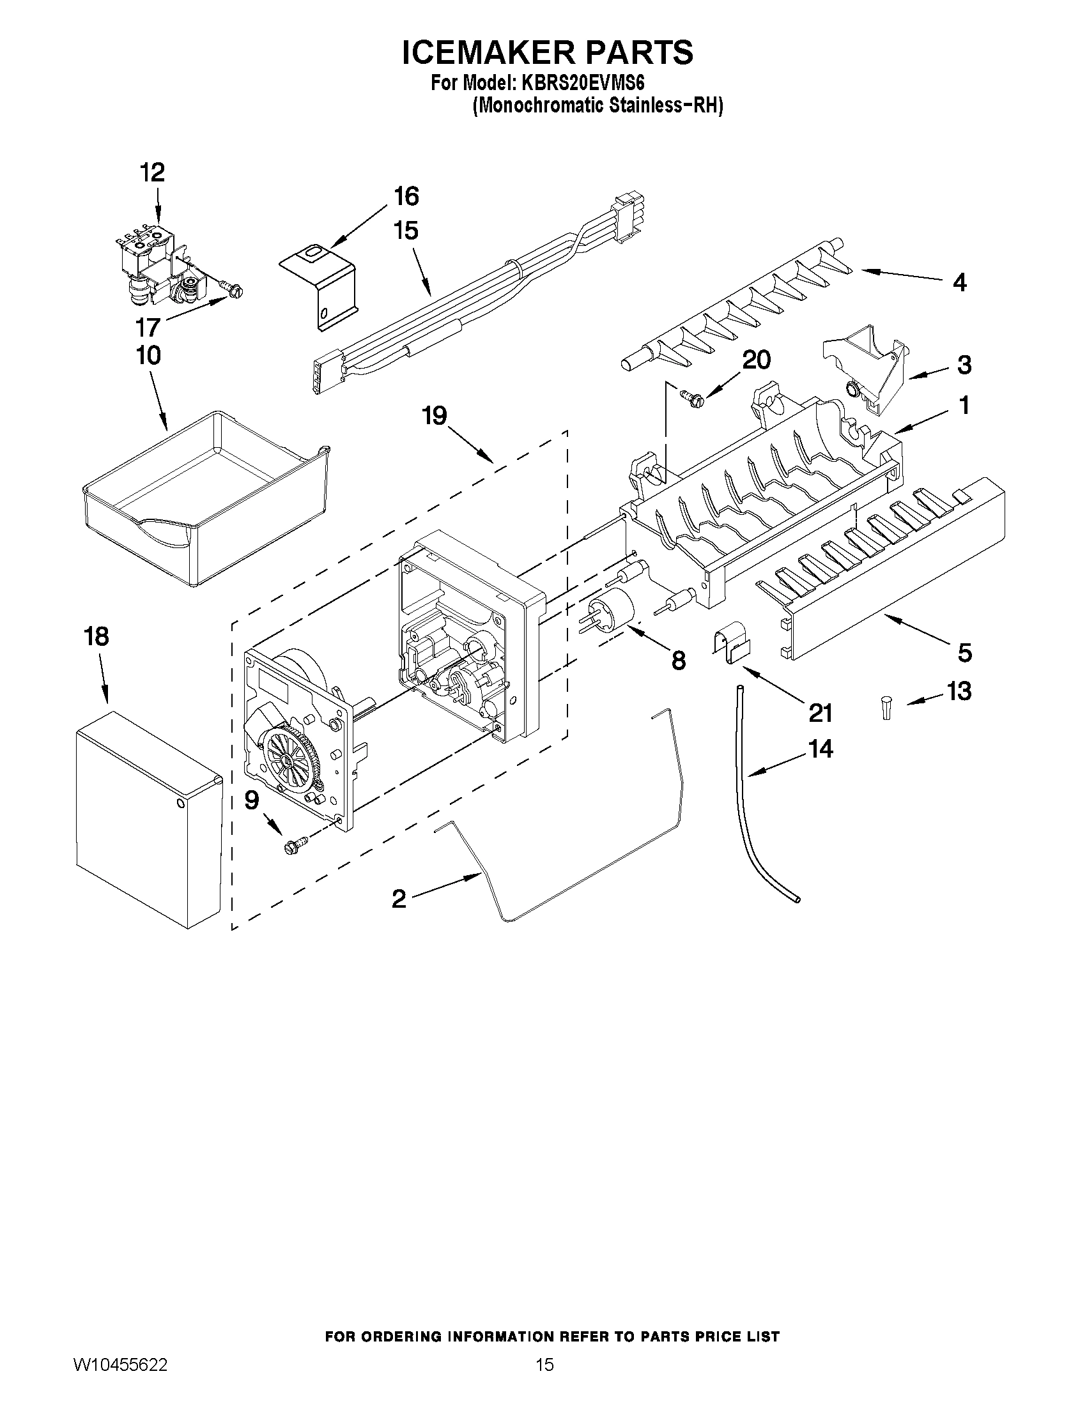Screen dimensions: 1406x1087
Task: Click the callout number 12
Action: click(x=153, y=172)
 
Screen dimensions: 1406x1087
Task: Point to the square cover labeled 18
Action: click(x=148, y=818)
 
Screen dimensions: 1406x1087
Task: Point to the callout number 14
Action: click(x=821, y=749)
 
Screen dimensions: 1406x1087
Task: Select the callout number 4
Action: click(x=959, y=282)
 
